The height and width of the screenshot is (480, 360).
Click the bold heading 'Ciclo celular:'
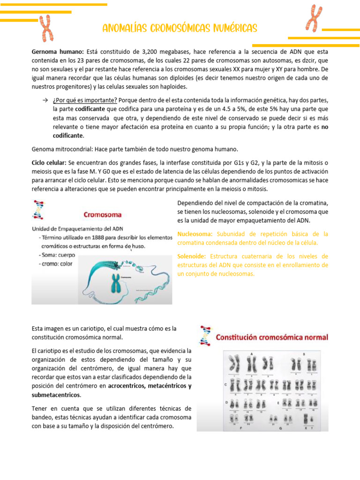(x=49, y=163)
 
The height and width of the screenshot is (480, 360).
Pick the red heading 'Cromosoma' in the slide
(x=102, y=215)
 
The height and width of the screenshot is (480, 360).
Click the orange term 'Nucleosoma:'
(x=195, y=234)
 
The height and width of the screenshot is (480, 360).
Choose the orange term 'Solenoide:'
(x=192, y=256)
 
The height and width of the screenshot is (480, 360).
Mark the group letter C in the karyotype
(x=226, y=384)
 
